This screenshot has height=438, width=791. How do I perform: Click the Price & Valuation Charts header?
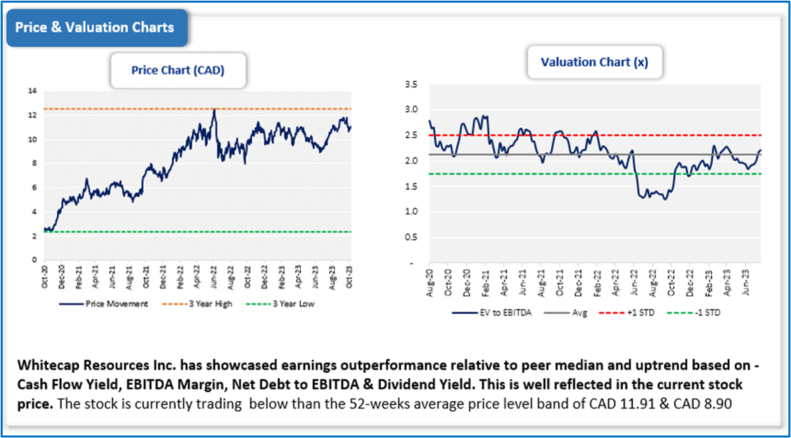tap(95, 27)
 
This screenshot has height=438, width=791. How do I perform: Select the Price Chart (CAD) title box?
tap(178, 70)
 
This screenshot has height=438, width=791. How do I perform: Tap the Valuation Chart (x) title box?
tap(595, 62)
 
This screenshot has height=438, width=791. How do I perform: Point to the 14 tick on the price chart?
tap(31, 91)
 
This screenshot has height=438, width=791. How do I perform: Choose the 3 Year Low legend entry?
tap(287, 304)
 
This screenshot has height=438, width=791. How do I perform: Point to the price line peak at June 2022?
tap(214, 110)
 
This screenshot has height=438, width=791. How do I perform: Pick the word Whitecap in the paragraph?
tap(47, 368)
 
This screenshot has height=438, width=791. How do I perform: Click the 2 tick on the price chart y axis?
tap(33, 235)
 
